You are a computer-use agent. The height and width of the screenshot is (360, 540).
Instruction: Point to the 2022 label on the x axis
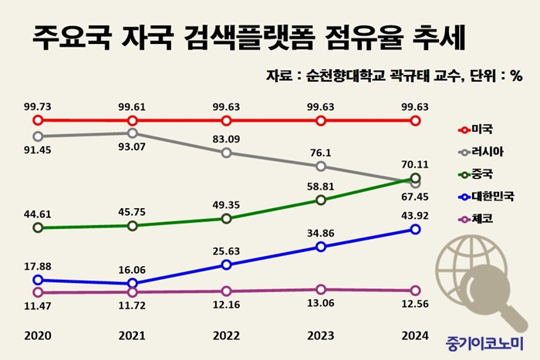[x=225, y=336]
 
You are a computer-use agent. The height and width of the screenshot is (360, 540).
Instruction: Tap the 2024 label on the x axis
[x=415, y=336]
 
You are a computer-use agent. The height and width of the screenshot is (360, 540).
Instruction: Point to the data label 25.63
[x=226, y=250]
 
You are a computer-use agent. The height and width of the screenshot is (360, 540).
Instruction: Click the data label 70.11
[x=415, y=163]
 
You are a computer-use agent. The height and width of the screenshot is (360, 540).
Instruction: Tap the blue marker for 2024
[x=416, y=230]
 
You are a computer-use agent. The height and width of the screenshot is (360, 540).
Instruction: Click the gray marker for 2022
[x=226, y=153]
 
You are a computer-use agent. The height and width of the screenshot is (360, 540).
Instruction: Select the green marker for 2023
[x=321, y=200]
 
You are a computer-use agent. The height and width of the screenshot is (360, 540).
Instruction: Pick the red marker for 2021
[x=133, y=121]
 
